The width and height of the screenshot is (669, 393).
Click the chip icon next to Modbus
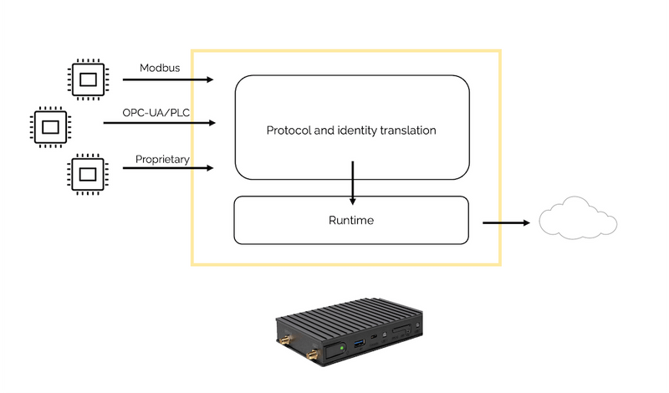pos(86,79)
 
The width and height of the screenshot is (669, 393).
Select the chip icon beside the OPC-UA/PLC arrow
pos(50,126)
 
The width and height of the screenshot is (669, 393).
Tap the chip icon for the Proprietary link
pos(86,173)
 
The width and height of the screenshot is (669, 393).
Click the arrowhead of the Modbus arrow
pos(209,80)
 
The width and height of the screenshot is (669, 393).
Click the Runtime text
pos(351,221)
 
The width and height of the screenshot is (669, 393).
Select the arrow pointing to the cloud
pos(506,222)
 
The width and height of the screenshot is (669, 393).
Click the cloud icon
pos(578,218)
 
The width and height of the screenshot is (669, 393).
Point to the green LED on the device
pos(342,345)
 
